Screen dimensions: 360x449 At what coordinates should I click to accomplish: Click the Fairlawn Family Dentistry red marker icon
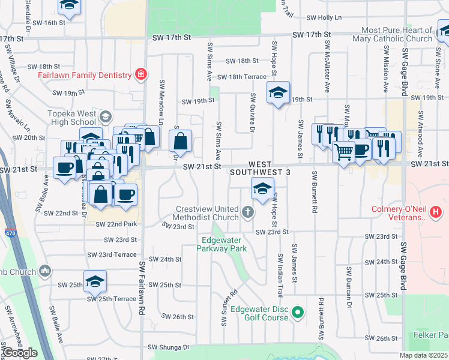tap(140, 74)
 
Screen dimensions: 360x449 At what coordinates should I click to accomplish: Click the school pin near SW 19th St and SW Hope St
tap(278, 92)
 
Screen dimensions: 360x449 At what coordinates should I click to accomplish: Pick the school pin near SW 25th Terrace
tap(95, 281)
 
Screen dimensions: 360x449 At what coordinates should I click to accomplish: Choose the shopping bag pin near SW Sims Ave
tap(180, 142)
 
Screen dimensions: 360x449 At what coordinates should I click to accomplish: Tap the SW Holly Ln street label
tap(324, 18)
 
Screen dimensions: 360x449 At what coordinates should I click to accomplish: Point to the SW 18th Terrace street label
tap(241, 77)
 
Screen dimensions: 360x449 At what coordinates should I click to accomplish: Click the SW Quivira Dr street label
tap(253, 113)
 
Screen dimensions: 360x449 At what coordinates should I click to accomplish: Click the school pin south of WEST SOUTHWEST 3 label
tap(261, 189)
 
